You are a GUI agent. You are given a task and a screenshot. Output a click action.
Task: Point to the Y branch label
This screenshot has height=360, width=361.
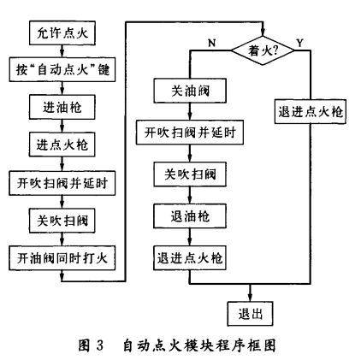pyautogui.click(x=298, y=41)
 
